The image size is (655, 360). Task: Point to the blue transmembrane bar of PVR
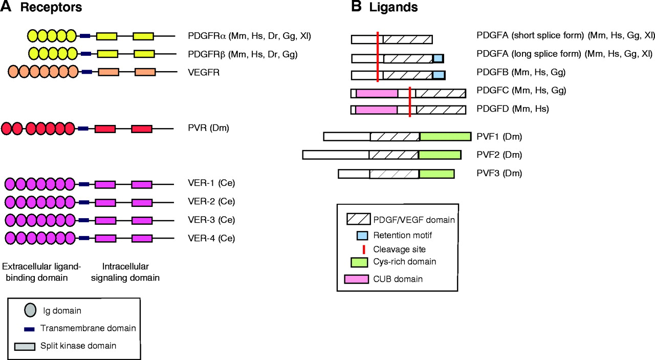coord(83,129)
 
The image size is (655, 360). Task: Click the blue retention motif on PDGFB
coord(439,75)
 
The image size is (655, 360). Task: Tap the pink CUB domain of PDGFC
coord(377,93)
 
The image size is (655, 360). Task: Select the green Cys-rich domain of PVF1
coord(445,136)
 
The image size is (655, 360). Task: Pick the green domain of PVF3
coord(436,174)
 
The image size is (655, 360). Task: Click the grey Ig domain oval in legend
coord(30,310)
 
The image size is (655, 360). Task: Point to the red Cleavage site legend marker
coord(363,249)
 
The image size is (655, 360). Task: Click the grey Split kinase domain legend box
coord(25,346)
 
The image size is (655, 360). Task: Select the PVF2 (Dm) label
coord(498,155)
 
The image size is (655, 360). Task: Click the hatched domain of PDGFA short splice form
coord(407,39)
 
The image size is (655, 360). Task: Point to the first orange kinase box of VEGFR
coord(108,72)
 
